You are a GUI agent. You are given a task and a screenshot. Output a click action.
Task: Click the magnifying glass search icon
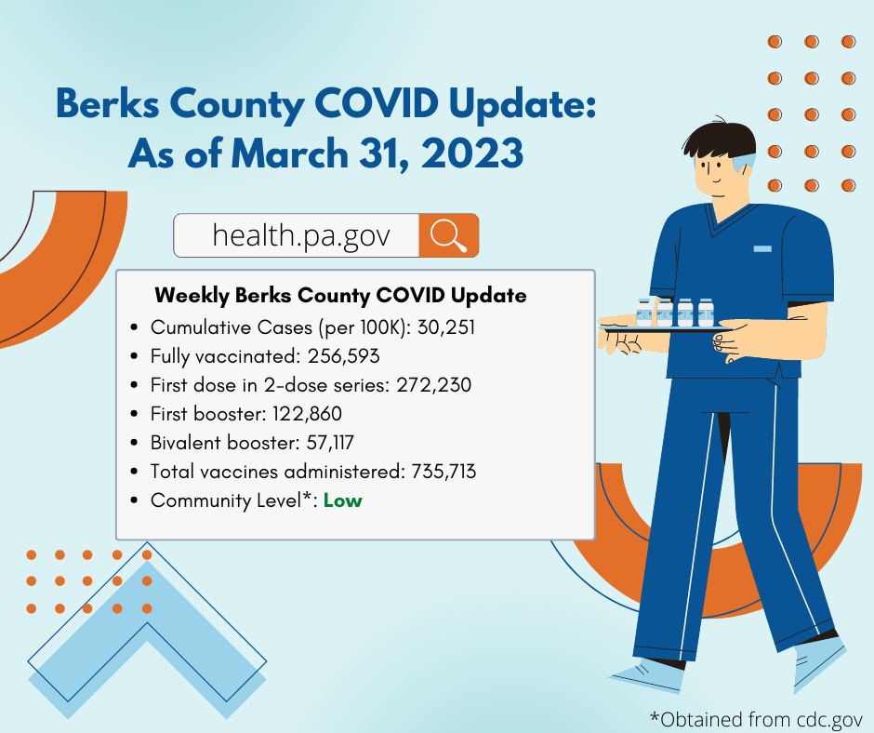[449, 235]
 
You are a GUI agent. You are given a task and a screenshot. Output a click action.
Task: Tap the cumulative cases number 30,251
[446, 327]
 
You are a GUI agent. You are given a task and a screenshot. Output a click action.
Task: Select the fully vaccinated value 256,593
[343, 356]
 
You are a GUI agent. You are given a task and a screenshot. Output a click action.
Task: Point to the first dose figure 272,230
[433, 385]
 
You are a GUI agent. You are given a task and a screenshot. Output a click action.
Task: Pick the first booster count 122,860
[307, 414]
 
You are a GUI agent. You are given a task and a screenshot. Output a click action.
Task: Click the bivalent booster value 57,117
[330, 443]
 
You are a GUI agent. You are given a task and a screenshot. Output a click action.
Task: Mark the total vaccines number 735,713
[444, 472]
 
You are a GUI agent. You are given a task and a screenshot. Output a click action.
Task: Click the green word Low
[343, 500]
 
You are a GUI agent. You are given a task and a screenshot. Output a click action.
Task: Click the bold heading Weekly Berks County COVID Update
[340, 295]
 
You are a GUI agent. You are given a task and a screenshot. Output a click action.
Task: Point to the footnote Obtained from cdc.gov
[757, 720]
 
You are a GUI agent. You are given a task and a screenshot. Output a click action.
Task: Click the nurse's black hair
[719, 139]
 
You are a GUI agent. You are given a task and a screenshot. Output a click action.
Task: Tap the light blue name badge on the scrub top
[762, 248]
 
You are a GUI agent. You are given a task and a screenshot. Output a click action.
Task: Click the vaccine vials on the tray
[675, 312]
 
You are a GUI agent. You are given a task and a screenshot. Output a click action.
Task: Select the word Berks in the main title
[108, 104]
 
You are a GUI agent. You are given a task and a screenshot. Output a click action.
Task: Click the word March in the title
[290, 153]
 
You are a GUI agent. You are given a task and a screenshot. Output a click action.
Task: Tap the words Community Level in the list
[226, 501]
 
